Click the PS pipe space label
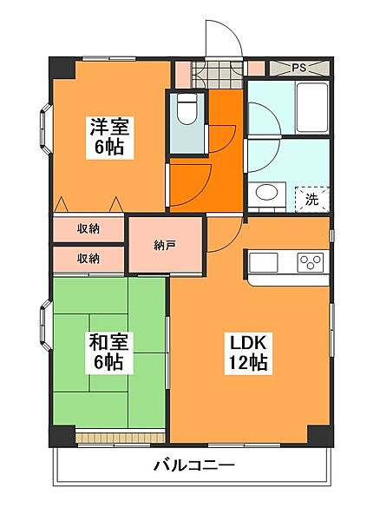tap(299, 68)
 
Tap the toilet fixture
tap(187, 109)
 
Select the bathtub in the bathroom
tap(312, 108)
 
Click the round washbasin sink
tap(267, 193)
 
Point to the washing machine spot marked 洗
tap(312, 200)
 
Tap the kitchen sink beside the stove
tap(263, 262)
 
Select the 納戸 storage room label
tap(165, 246)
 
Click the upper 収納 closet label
tap(88, 228)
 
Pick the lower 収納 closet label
tap(88, 258)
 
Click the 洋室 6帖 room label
tap(110, 137)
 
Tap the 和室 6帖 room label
tap(108, 353)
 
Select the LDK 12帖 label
tap(248, 353)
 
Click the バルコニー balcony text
tap(194, 465)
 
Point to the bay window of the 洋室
tap(46, 129)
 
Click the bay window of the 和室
tap(46, 326)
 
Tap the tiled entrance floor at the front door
tap(218, 75)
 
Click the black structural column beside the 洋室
tap(62, 68)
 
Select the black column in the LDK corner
tap(320, 436)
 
